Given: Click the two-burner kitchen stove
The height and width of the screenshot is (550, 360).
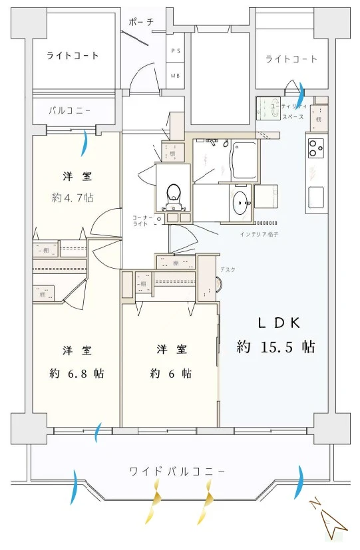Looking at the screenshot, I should (315, 148).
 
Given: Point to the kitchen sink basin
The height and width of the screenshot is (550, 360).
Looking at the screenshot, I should (316, 197).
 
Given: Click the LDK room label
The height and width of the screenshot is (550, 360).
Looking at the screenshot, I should (279, 323).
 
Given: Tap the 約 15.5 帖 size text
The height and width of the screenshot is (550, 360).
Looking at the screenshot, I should (275, 346).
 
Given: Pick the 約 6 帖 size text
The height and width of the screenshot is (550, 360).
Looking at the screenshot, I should (171, 373).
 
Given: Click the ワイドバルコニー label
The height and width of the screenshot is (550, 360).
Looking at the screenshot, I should (178, 472).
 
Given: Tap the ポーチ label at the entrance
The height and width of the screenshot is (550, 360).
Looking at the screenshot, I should (142, 22).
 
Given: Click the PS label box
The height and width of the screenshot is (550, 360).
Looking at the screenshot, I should (176, 51).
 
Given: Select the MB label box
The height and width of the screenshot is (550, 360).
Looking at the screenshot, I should (176, 75).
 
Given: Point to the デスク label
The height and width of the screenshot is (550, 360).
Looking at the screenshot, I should (228, 269).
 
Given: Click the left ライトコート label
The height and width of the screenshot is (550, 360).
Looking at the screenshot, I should (73, 55).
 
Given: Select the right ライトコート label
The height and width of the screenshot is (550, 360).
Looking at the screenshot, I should (291, 59).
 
